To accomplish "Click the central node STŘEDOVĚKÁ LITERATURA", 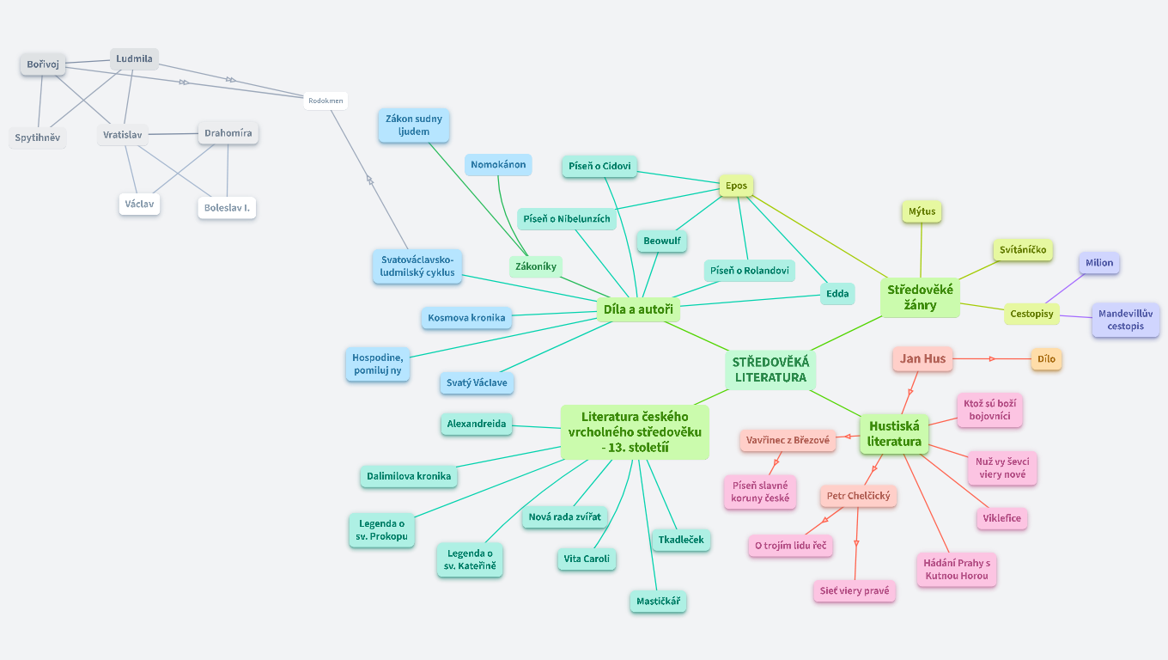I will click(x=770, y=370).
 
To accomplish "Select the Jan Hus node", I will click(x=922, y=358).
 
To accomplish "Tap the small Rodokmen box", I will click(x=325, y=101).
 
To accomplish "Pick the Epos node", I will click(x=736, y=186).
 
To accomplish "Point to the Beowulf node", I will click(x=662, y=241).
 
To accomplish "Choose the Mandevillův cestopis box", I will click(x=1125, y=320).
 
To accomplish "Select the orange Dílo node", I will click(x=1046, y=359).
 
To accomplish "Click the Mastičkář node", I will click(x=658, y=601).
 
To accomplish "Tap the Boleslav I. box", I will click(x=227, y=208).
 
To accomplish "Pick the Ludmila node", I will click(x=134, y=59).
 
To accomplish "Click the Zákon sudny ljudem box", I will click(x=414, y=125).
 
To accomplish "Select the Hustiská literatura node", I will click(x=894, y=433).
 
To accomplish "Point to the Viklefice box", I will click(x=1001, y=519).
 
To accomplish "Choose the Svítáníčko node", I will click(x=1022, y=250).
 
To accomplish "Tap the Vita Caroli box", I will click(x=587, y=559).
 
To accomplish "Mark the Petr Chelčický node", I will click(x=857, y=496).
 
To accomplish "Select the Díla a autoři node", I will click(x=637, y=309).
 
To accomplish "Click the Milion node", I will click(x=1098, y=263).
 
